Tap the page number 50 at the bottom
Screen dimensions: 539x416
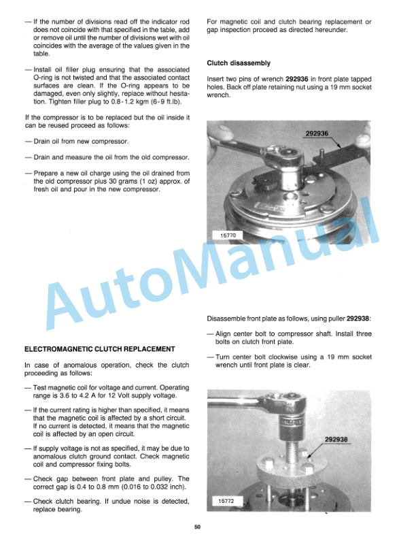point(196,526)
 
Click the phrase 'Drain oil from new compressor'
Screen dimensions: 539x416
point(80,141)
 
